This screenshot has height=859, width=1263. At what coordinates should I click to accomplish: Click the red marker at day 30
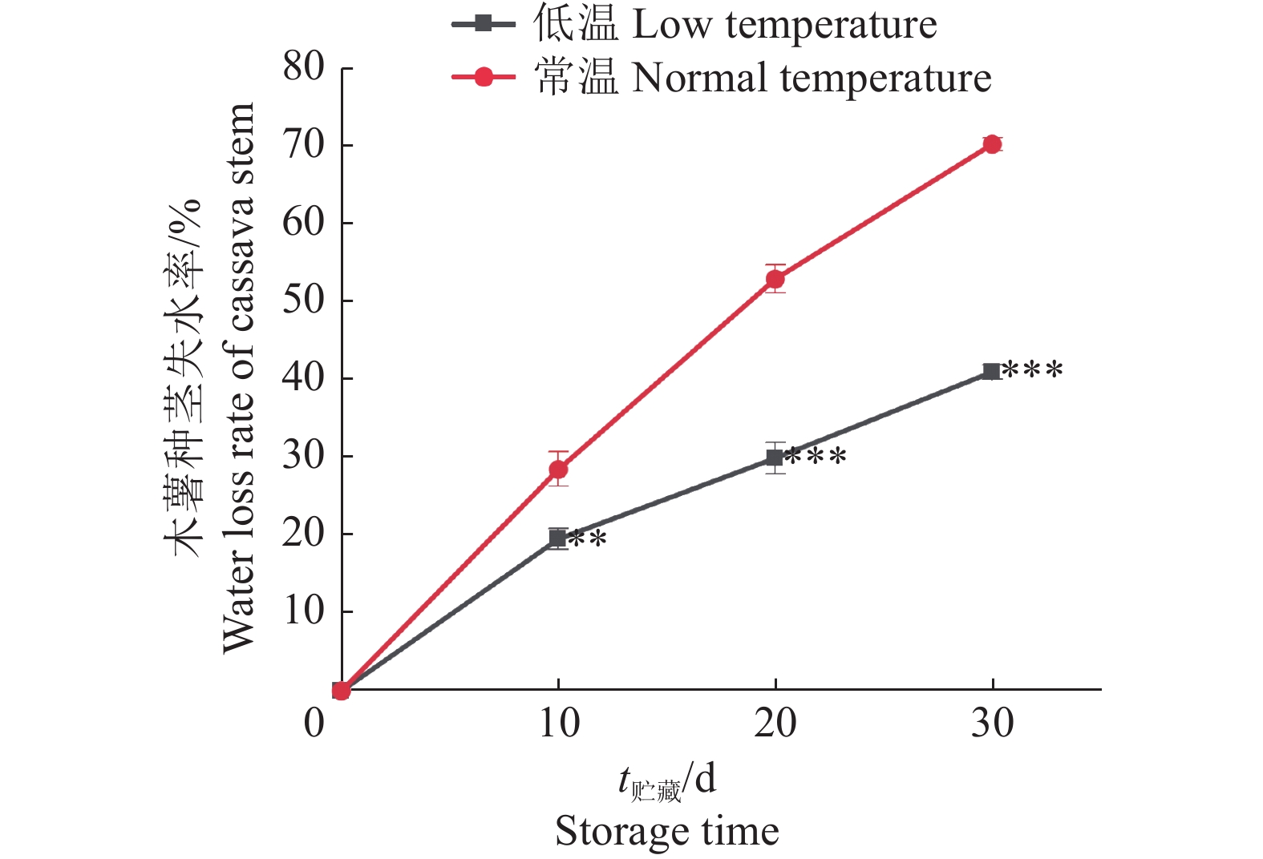click(992, 144)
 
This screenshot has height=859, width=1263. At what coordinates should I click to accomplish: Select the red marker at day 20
click(775, 279)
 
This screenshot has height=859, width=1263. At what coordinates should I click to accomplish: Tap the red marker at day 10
click(558, 469)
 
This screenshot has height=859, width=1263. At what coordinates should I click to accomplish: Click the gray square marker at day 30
click(992, 371)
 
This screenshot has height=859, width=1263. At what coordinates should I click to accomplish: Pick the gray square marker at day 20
click(775, 457)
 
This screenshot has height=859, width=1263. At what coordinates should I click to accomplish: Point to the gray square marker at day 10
click(558, 538)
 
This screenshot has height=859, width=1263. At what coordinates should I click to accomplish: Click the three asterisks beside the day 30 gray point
click(1033, 371)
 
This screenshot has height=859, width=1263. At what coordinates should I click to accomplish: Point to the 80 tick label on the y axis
click(303, 67)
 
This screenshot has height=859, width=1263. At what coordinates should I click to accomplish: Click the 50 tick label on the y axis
click(303, 300)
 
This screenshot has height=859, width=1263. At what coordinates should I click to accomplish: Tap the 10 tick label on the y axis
click(303, 611)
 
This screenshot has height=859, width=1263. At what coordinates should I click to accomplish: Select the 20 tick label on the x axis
click(775, 724)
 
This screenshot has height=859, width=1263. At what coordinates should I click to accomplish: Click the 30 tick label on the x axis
click(992, 724)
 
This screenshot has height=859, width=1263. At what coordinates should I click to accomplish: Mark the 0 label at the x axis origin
click(314, 724)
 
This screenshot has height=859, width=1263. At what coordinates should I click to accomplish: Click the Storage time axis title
click(666, 831)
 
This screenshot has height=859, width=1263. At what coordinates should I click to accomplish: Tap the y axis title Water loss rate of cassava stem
click(238, 377)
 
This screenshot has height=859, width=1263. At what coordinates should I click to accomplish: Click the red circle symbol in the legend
click(484, 77)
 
